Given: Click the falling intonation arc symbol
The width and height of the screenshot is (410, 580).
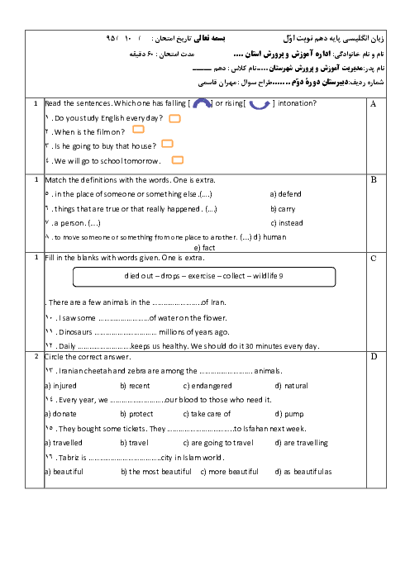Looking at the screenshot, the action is click(x=202, y=102).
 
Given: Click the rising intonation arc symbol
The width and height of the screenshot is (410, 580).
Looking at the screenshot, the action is click(x=260, y=107).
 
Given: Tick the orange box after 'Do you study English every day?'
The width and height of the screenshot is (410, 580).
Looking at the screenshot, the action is click(x=174, y=118).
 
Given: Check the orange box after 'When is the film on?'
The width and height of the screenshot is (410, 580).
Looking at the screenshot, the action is click(x=138, y=129).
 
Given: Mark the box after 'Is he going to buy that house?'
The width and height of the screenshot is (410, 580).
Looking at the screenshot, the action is click(x=167, y=144).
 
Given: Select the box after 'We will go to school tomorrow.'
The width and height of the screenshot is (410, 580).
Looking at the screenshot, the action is click(x=178, y=159).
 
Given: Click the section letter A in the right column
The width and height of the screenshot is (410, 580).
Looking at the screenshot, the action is click(x=373, y=104).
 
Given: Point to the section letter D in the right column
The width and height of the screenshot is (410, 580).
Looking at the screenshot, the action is click(x=374, y=357).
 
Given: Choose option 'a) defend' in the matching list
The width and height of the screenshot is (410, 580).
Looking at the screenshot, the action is click(x=286, y=194).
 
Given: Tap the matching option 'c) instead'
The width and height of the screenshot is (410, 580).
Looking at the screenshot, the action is click(x=287, y=223).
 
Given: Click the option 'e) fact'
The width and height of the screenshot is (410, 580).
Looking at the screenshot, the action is click(x=204, y=248).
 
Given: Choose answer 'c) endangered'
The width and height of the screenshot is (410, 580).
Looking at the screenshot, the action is click(x=207, y=386).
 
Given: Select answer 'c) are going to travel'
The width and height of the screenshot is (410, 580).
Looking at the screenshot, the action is click(x=218, y=443).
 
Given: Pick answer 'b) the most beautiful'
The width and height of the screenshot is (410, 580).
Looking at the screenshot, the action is click(x=156, y=472).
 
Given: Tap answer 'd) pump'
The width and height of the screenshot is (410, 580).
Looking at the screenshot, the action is click(x=289, y=414).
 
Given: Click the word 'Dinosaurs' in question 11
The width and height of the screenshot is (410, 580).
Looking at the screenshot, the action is click(x=75, y=332).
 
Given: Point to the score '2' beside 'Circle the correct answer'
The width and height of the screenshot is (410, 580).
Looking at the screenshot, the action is click(x=36, y=357).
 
